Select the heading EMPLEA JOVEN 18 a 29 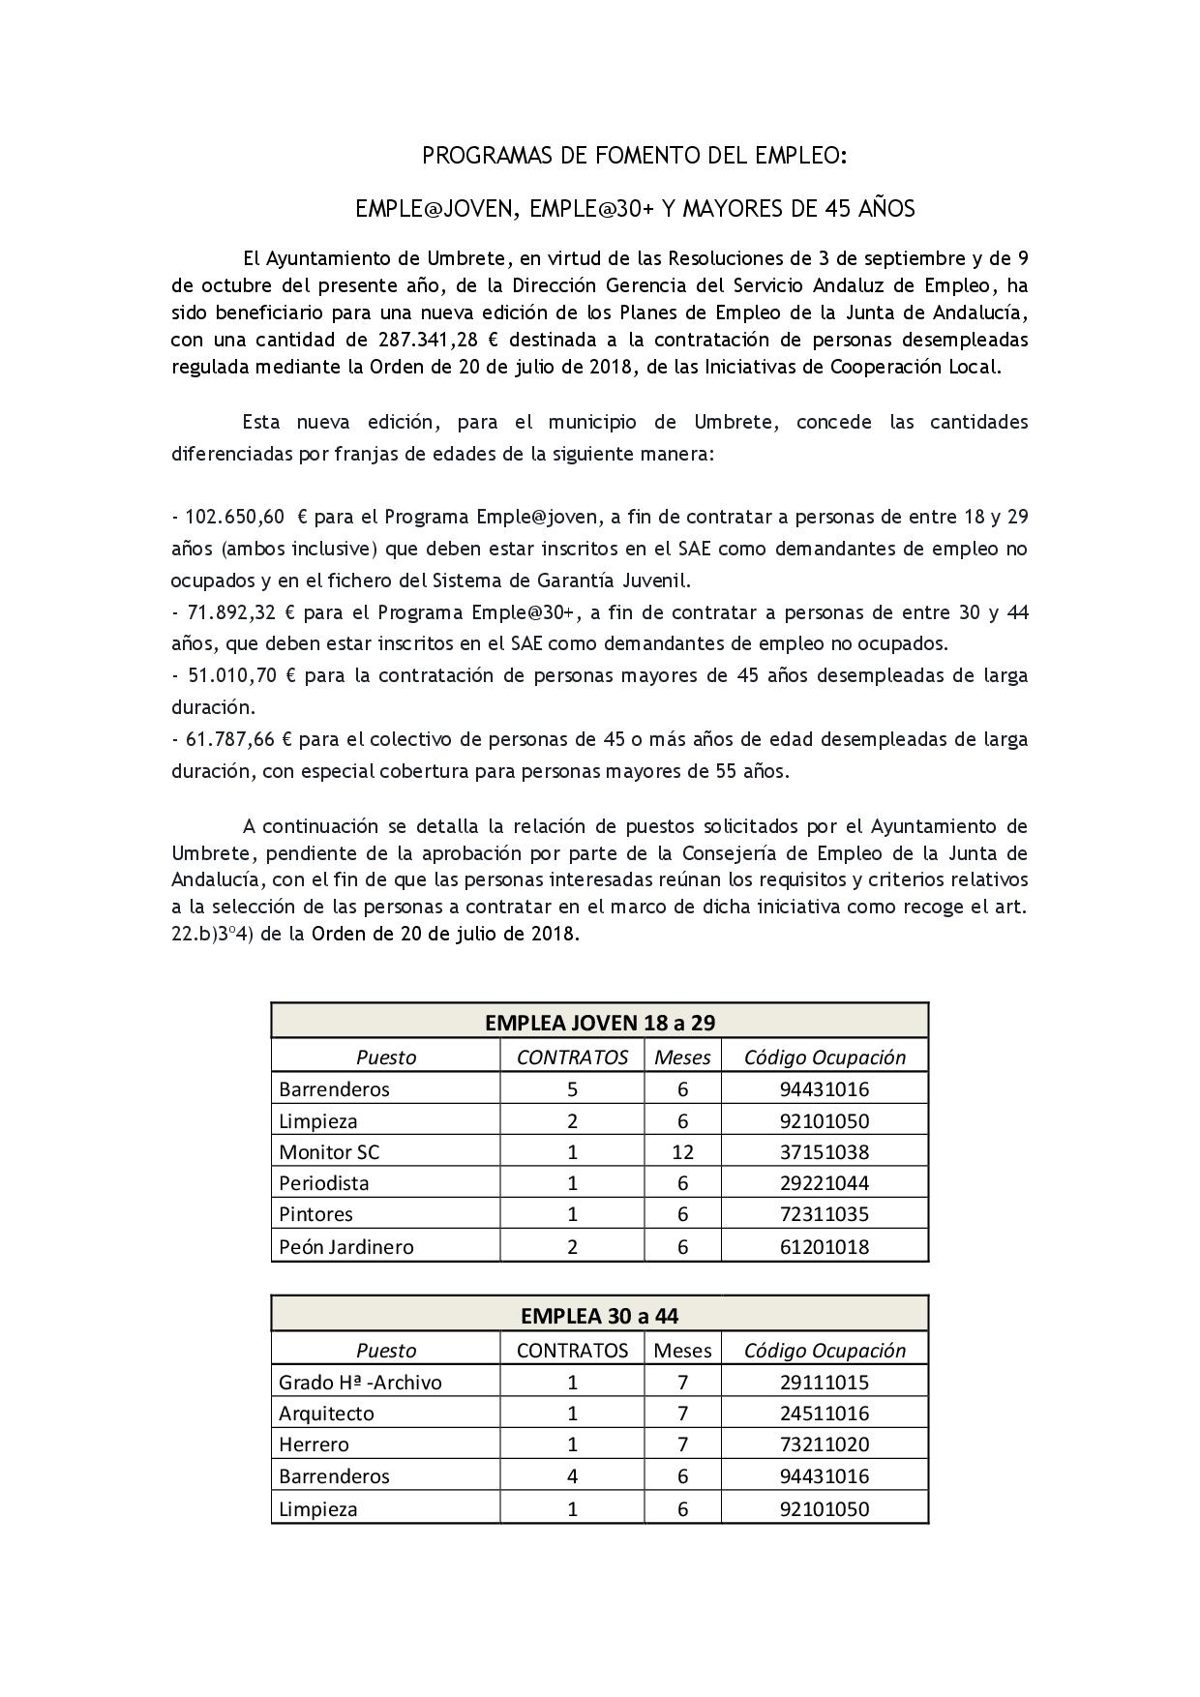pyautogui.click(x=599, y=1023)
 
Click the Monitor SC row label pyautogui.click(x=329, y=1152)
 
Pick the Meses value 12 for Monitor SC pyautogui.click(x=682, y=1152)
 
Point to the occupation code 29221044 pyautogui.click(x=825, y=1183)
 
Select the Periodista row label pyautogui.click(x=324, y=1183)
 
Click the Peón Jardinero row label pyautogui.click(x=345, y=1246)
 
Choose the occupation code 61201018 pyautogui.click(x=825, y=1246)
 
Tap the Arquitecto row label pyautogui.click(x=326, y=1414)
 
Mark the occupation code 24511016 pyautogui.click(x=825, y=1414)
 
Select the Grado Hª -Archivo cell pyautogui.click(x=360, y=1383)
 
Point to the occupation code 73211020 pyautogui.click(x=825, y=1444)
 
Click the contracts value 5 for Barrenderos pyautogui.click(x=573, y=1089)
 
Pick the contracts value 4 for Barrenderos pyautogui.click(x=573, y=1476)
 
